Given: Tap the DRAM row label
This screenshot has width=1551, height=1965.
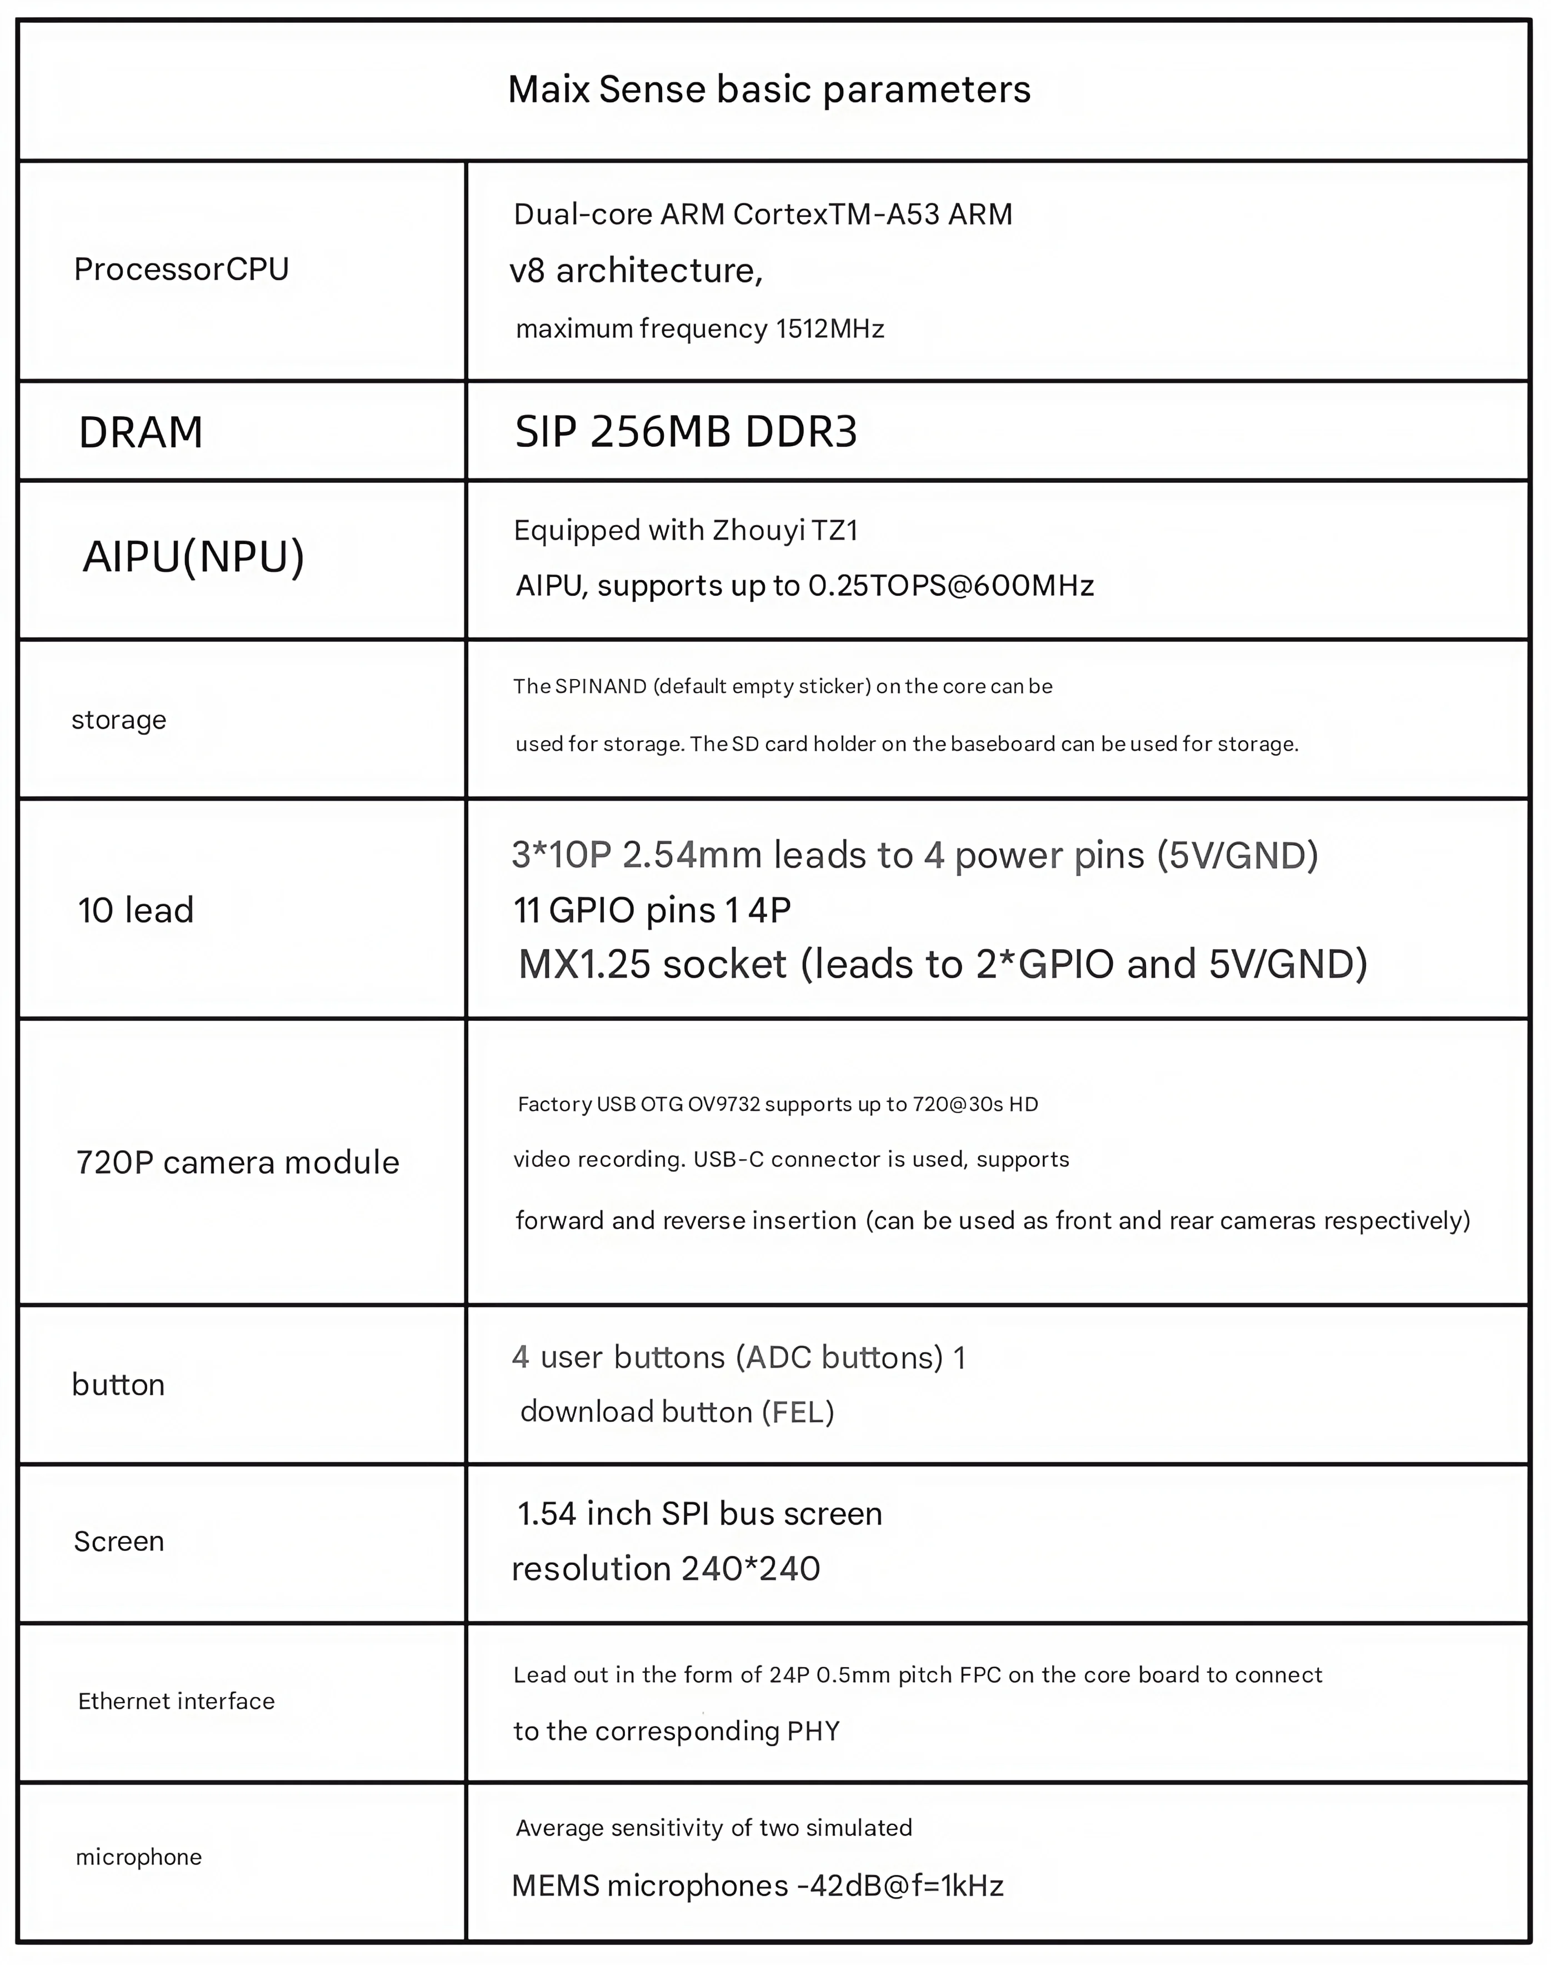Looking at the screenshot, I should point(141,432).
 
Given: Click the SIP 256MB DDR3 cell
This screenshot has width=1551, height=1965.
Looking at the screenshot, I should point(686,432).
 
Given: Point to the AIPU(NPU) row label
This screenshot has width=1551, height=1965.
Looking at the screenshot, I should point(193,557).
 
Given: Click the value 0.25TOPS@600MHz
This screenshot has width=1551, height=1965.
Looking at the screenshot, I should point(950,586).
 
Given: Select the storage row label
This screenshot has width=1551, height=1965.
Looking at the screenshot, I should point(119,720).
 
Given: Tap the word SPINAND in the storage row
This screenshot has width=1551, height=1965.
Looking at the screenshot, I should point(601,687).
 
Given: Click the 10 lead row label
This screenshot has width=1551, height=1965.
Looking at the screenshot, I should point(136,910).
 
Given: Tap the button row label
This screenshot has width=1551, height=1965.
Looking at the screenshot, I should point(118,1385).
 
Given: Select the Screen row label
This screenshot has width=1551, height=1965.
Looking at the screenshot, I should point(119,1542).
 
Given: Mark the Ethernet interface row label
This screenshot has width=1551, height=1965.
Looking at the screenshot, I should point(176,1702).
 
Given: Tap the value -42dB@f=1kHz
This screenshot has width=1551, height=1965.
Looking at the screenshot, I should point(900,1887).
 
